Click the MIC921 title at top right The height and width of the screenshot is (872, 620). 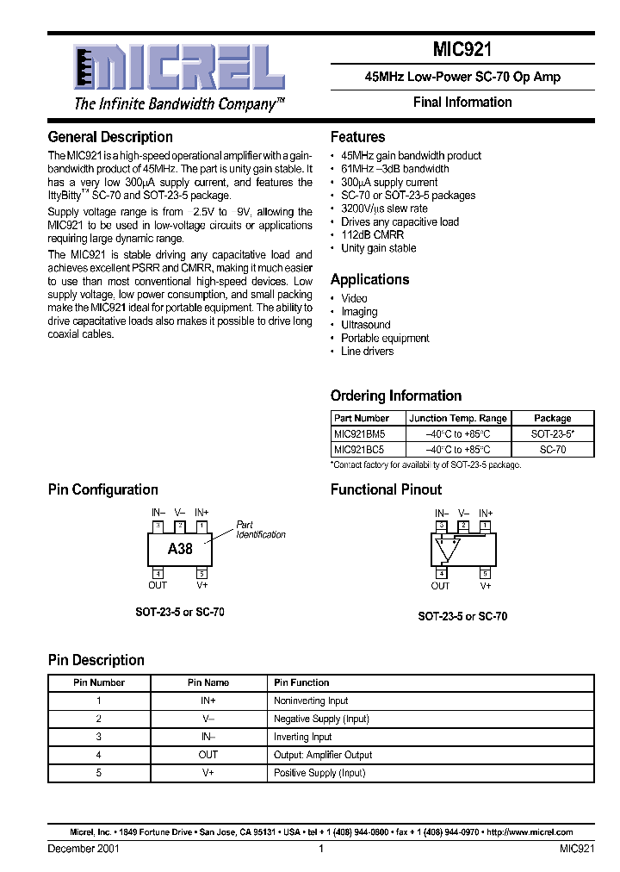click(462, 50)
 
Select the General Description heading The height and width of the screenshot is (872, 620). click(110, 137)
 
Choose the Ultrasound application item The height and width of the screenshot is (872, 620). click(365, 325)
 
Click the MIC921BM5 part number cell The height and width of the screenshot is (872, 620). click(359, 433)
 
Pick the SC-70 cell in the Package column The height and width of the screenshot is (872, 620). click(552, 449)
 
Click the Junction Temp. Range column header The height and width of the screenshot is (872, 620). click(458, 418)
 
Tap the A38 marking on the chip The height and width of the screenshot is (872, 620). click(180, 549)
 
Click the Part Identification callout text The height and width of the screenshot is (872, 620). click(260, 530)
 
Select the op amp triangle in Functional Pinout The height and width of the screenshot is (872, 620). click(447, 547)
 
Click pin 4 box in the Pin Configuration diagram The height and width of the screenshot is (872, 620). click(158, 573)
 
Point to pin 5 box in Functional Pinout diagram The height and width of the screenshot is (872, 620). click(486, 573)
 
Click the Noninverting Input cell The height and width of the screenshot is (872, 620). click(311, 701)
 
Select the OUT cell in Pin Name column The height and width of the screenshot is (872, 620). click(208, 755)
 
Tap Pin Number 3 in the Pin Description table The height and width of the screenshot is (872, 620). click(99, 737)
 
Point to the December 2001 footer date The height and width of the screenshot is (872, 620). click(84, 849)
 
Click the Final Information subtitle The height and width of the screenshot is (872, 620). click(462, 103)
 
